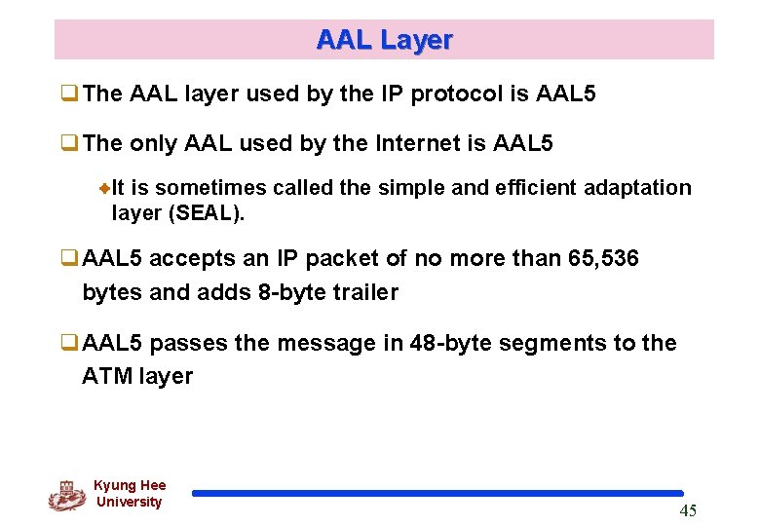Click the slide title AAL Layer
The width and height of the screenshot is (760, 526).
(x=384, y=40)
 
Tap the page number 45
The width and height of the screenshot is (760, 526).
(x=687, y=511)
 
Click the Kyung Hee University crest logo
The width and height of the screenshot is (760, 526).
(x=66, y=495)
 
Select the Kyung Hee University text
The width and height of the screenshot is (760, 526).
(x=130, y=494)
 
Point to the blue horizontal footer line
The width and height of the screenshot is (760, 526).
(x=437, y=494)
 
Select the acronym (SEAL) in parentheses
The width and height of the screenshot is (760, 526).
(x=207, y=212)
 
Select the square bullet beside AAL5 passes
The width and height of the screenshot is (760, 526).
(x=69, y=344)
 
